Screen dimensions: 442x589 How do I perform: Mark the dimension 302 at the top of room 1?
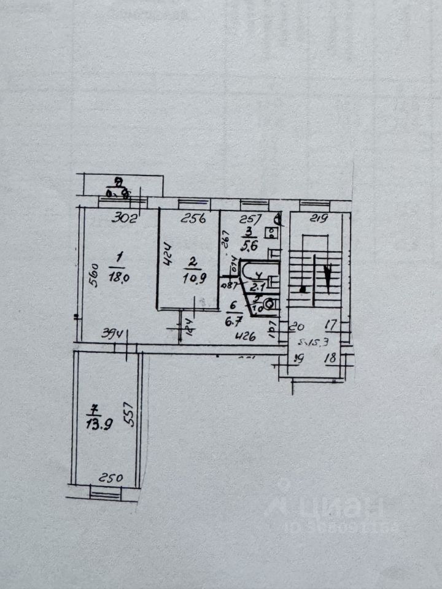pos(125,217)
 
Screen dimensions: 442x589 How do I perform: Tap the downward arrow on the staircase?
pos(330,274)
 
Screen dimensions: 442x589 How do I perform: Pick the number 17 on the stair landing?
pos(331,326)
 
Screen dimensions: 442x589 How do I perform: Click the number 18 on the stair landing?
pos(331,358)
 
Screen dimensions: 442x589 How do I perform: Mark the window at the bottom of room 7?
pos(105,491)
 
